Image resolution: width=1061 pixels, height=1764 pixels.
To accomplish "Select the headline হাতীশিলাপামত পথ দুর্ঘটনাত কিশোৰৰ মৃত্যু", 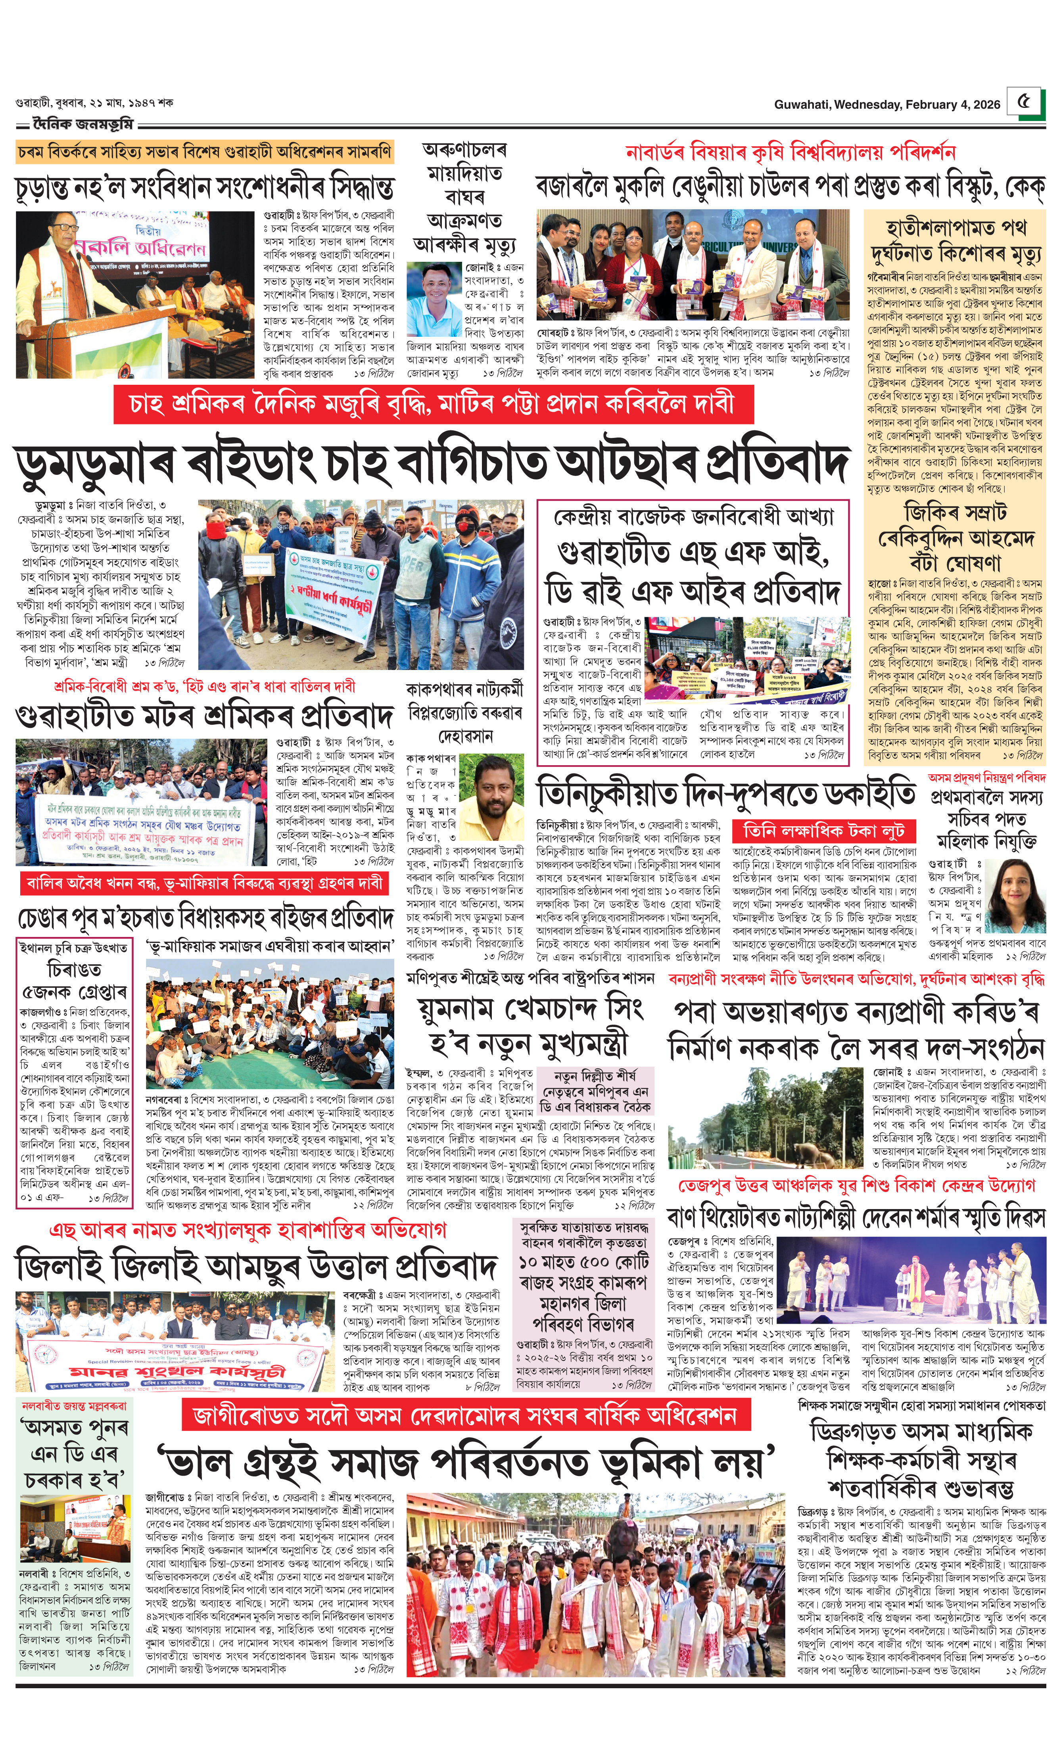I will coord(955,240).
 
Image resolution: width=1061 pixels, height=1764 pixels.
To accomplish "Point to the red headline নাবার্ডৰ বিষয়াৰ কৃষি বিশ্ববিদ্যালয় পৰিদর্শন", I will coord(790,152).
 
